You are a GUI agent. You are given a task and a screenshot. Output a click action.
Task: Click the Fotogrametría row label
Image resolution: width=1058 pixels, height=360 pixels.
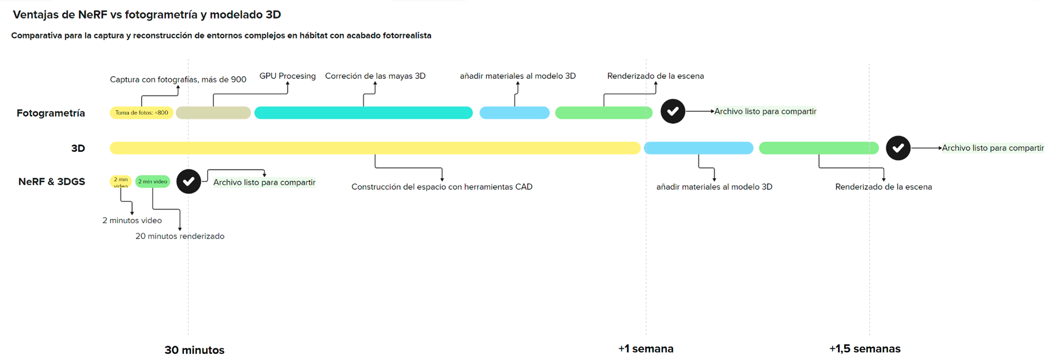[51, 113]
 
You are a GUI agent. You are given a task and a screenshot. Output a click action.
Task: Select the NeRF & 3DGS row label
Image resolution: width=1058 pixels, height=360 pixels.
[52, 182]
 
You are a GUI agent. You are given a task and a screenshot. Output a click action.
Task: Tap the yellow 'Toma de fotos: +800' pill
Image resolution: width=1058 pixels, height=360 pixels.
[141, 113]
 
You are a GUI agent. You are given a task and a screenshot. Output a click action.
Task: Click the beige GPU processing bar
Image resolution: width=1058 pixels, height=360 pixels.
[213, 113]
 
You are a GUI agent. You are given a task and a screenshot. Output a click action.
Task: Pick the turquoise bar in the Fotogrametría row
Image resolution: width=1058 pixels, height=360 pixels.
[363, 113]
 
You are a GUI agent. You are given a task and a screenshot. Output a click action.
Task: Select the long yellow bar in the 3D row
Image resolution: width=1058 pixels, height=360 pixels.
[375, 148]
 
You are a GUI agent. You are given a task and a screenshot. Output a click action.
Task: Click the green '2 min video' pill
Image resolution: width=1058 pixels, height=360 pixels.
[153, 182]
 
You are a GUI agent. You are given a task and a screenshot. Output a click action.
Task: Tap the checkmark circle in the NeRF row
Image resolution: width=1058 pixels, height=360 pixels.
[188, 182]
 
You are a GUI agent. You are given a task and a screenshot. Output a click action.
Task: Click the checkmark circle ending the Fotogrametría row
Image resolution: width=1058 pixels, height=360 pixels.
[672, 111]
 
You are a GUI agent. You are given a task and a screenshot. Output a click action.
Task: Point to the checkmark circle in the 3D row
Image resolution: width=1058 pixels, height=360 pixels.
[898, 148]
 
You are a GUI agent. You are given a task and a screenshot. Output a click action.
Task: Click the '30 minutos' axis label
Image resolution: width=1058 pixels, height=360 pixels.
[194, 350]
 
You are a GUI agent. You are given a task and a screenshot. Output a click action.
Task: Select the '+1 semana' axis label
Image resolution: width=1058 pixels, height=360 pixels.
[646, 349]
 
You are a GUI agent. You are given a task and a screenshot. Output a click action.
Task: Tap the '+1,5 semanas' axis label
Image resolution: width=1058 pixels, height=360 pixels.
[865, 349]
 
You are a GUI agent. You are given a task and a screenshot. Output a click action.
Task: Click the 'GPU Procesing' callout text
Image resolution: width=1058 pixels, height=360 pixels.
[287, 76]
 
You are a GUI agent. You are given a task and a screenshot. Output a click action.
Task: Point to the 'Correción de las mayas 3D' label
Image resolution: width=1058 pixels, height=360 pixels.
[375, 76]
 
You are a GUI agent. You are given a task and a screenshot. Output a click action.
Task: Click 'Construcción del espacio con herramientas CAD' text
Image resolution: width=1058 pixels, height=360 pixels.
[442, 187]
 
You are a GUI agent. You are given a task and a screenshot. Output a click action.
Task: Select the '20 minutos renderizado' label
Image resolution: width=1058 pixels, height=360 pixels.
[180, 236]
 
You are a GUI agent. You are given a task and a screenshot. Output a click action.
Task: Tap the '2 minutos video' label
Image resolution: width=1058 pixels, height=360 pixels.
[132, 221]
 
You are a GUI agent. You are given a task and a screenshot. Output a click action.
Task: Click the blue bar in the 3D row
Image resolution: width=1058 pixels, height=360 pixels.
[698, 148]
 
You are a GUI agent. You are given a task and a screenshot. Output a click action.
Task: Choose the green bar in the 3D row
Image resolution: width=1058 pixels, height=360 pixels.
[819, 148]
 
